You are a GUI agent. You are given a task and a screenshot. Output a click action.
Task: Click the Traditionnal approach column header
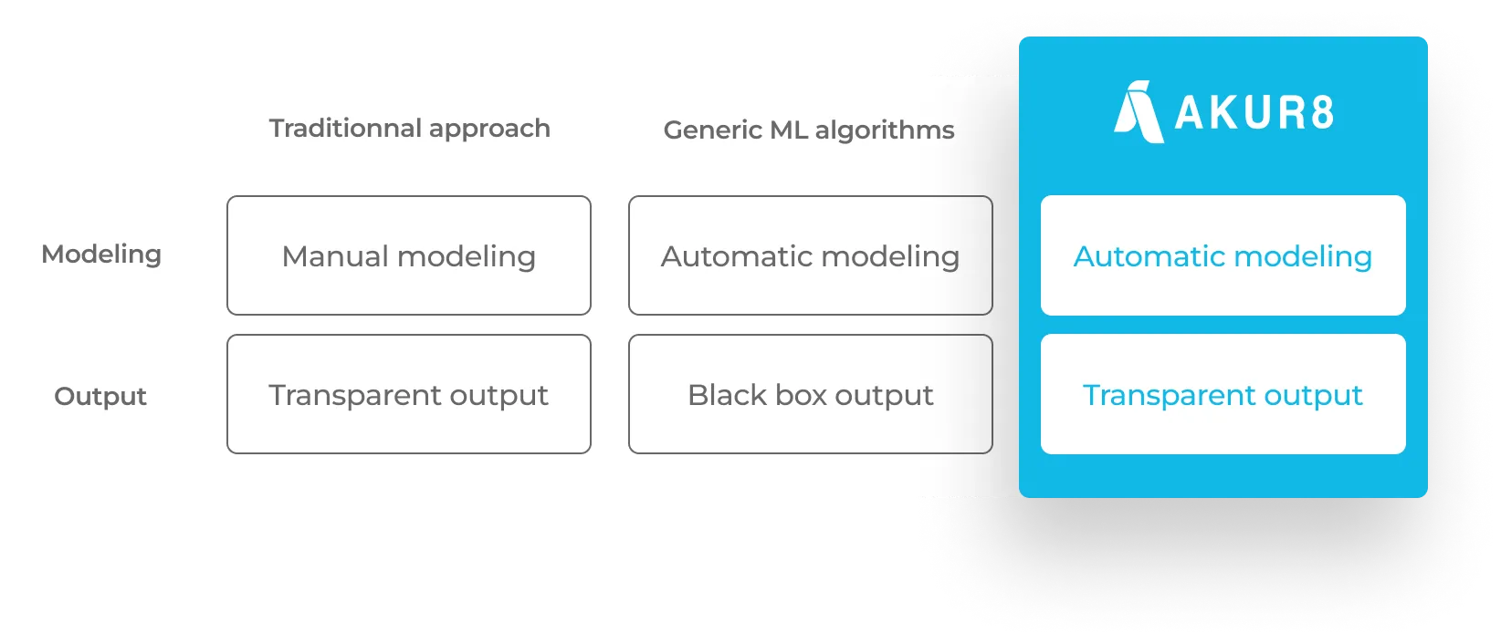(409, 129)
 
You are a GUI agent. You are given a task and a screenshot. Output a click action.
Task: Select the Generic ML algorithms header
(809, 130)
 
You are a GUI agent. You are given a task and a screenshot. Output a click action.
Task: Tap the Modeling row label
(101, 255)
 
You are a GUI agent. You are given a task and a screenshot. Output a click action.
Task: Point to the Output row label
(100, 396)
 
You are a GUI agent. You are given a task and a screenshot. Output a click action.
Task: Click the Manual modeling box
(409, 255)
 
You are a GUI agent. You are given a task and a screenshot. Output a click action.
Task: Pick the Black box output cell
(811, 394)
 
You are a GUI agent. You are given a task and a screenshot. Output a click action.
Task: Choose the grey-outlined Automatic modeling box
(811, 255)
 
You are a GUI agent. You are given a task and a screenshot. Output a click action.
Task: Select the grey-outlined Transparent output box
(409, 394)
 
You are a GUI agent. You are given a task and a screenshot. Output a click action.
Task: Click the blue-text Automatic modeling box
(1223, 255)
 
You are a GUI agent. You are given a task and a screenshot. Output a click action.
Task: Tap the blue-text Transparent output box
(1223, 394)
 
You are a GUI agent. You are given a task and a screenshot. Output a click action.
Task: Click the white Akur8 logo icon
(1139, 112)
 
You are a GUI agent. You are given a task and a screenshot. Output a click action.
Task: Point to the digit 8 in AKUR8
(1322, 112)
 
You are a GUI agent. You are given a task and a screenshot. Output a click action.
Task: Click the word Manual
(336, 256)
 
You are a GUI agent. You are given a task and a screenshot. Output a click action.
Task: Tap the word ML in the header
(790, 130)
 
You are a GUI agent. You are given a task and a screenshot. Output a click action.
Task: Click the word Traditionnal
(345, 128)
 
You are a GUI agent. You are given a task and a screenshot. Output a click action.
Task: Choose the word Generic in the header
(713, 130)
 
